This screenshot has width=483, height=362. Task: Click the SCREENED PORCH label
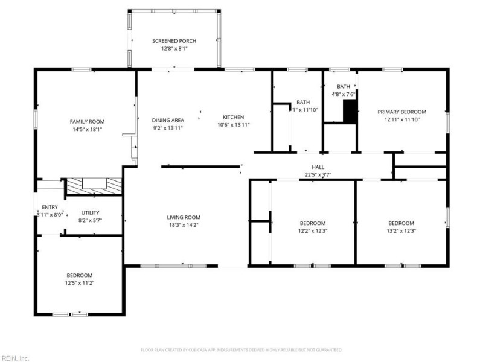click(x=174, y=41)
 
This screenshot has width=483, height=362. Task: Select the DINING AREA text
click(x=167, y=120)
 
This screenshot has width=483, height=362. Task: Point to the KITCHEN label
click(x=233, y=117)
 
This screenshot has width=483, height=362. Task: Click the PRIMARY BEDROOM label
click(x=401, y=112)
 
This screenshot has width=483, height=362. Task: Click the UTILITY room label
click(x=90, y=212)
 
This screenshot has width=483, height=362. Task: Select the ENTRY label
click(x=50, y=207)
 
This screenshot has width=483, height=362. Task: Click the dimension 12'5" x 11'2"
click(x=80, y=282)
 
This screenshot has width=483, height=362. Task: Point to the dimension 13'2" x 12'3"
click(x=401, y=230)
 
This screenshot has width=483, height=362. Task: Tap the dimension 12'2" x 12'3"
click(x=313, y=230)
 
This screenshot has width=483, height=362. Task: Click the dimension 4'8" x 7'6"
click(x=343, y=94)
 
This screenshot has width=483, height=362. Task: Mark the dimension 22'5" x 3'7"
click(x=318, y=176)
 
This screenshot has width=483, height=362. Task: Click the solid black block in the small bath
click(x=350, y=112)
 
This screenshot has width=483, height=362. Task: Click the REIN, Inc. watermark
click(x=16, y=358)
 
